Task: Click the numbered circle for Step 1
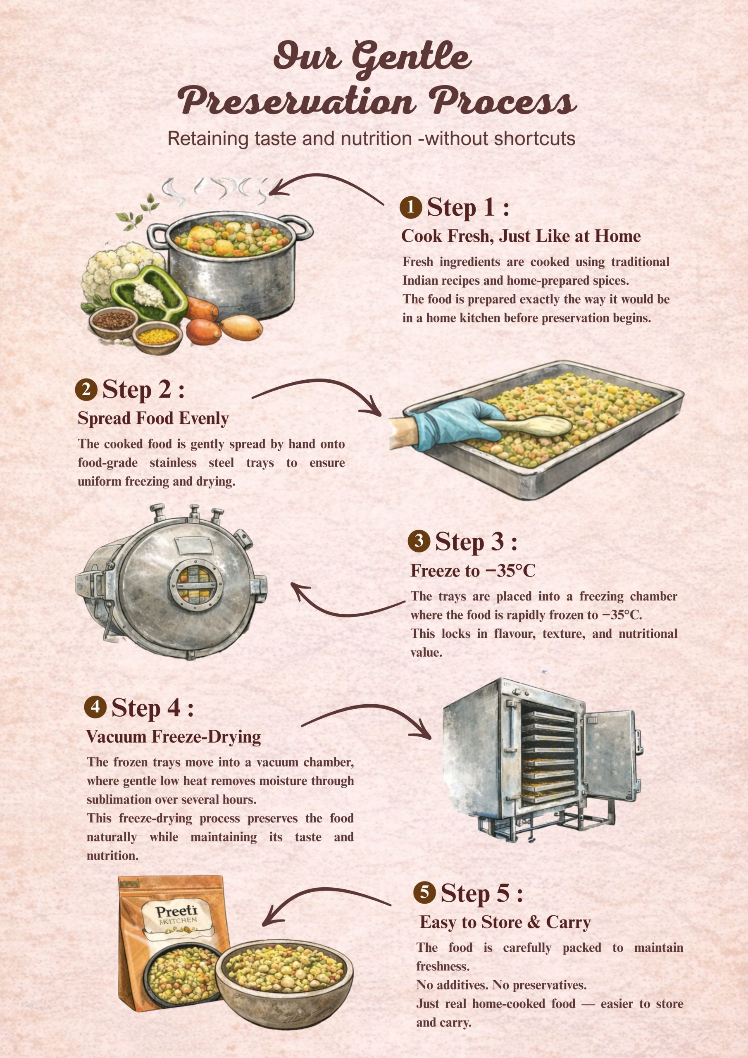411,207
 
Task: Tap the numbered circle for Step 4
95,706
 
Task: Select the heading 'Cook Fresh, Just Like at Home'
521,236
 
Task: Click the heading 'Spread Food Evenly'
153,418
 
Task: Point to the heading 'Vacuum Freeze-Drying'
173,737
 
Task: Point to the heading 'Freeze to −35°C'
473,571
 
